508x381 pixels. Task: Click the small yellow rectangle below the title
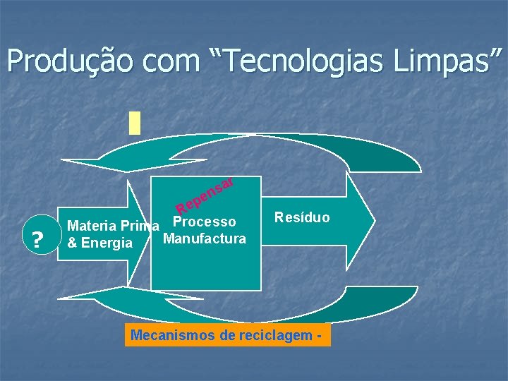(135, 122)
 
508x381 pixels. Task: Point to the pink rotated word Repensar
(205, 195)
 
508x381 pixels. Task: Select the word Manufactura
(205, 238)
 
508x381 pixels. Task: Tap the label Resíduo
(302, 217)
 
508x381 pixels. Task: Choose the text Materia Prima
(113, 227)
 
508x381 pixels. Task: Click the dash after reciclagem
(320, 336)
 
